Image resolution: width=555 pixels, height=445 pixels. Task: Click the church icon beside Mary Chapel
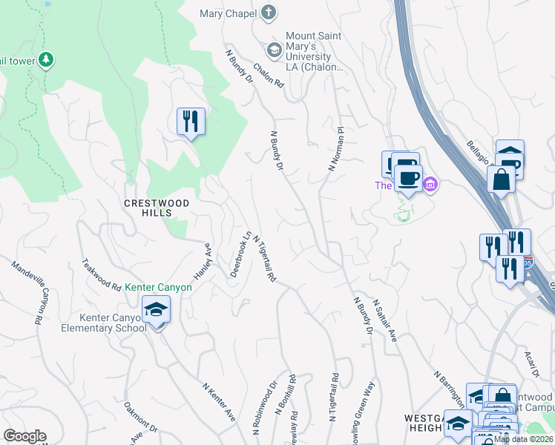pyautogui.click(x=268, y=13)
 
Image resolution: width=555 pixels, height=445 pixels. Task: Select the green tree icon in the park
pyautogui.click(x=46, y=59)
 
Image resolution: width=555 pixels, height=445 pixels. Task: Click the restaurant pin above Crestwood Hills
pyautogui.click(x=191, y=121)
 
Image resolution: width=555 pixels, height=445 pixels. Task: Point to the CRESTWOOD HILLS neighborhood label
pyautogui.click(x=157, y=208)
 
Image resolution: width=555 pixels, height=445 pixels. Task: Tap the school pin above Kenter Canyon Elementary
pyautogui.click(x=157, y=309)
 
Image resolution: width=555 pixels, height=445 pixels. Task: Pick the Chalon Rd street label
pyautogui.click(x=269, y=74)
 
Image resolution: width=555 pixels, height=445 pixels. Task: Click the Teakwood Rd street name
pyautogui.click(x=102, y=274)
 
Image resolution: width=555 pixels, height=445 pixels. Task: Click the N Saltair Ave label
pyautogui.click(x=385, y=320)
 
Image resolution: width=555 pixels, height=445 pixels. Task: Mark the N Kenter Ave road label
pyautogui.click(x=219, y=402)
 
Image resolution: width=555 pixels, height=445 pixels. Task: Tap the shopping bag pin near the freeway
pyautogui.click(x=501, y=179)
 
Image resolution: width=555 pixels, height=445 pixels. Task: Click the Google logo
pyautogui.click(x=24, y=436)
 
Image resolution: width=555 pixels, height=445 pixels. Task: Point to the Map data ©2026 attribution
pyautogui.click(x=523, y=439)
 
